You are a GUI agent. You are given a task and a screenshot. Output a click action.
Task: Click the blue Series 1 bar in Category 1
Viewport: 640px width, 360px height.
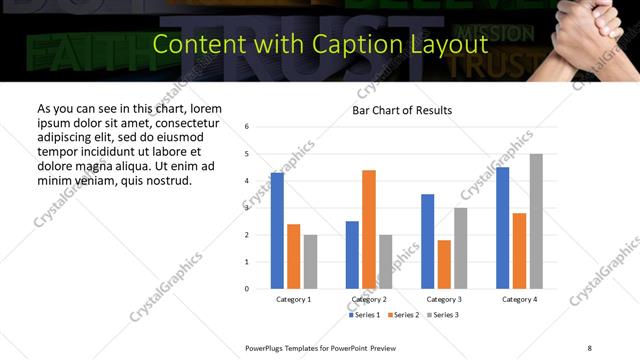pos(277,231)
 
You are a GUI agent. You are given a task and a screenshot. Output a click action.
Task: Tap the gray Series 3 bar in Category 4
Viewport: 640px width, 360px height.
pos(536,221)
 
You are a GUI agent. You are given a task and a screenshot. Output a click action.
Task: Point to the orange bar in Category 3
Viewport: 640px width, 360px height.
pos(444,264)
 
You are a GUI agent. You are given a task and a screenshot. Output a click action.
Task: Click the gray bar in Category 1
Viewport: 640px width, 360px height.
pos(311,261)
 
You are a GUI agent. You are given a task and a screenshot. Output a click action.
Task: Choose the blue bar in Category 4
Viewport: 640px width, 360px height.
pos(503,228)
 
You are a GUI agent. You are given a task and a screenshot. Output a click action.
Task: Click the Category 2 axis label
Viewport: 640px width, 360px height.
pos(369,299)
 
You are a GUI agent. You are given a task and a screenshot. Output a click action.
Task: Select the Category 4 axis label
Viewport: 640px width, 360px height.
pos(520,299)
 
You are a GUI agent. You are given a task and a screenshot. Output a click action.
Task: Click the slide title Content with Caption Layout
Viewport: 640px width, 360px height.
pos(320,44)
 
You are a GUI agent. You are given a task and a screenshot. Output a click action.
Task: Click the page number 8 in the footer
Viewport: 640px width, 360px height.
pos(589,347)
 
